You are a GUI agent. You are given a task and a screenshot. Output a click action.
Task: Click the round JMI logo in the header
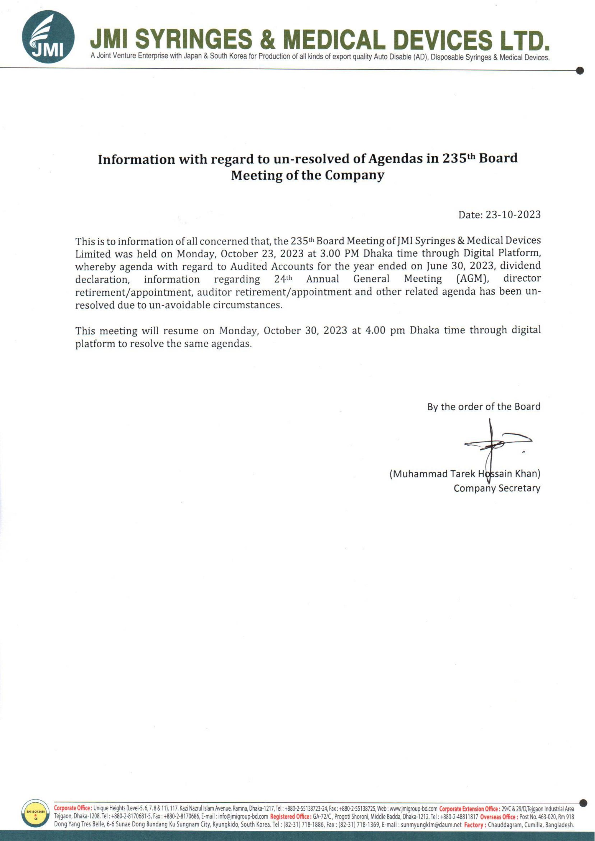[48, 37]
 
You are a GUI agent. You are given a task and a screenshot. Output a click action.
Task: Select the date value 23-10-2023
[513, 215]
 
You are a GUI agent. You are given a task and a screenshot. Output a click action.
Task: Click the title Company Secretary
[497, 488]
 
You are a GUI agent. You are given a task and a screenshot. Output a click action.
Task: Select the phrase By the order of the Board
[484, 406]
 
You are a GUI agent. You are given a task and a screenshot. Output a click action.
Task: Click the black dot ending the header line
[580, 71]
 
